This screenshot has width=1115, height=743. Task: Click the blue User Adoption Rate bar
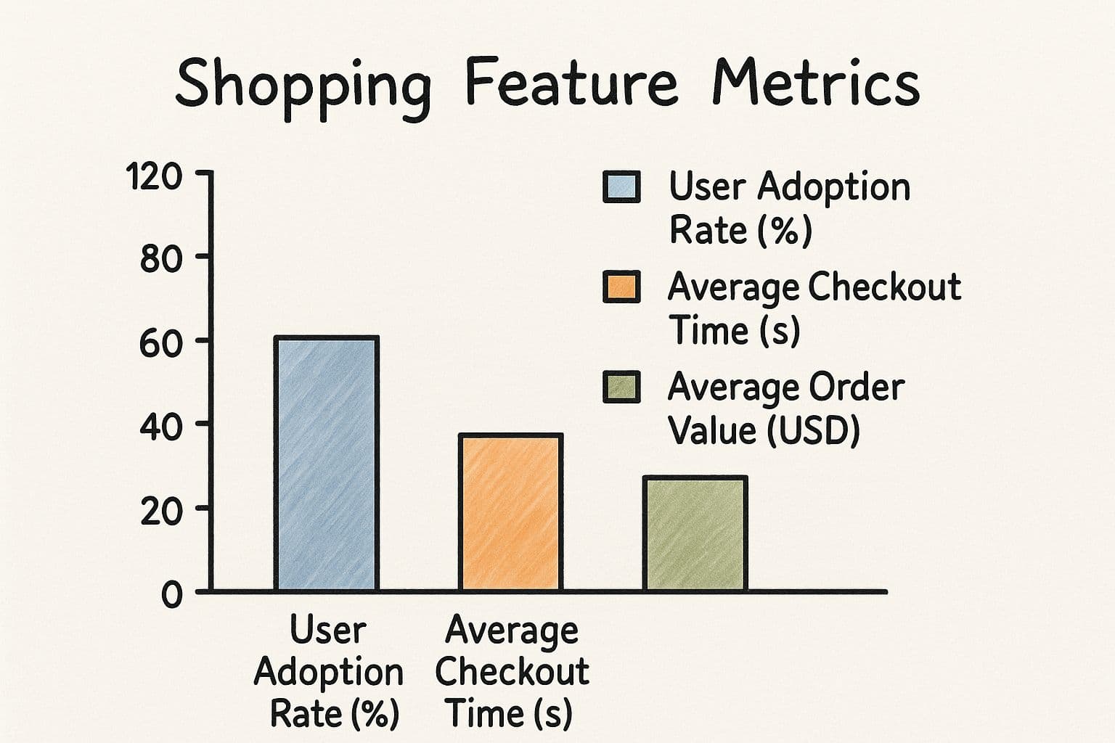[327, 464]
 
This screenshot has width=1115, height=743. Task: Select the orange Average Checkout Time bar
[511, 512]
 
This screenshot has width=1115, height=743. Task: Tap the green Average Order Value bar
[695, 534]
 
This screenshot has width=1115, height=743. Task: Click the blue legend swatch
[621, 187]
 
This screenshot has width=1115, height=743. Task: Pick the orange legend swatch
[621, 287]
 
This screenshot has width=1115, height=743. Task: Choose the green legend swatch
[621, 387]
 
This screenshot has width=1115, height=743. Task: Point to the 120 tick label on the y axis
[154, 176]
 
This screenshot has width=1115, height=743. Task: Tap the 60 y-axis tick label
[160, 344]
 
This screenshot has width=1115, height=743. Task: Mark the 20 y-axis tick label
[160, 512]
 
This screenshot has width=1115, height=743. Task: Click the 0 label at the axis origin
[172, 595]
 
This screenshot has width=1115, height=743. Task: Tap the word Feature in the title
[572, 82]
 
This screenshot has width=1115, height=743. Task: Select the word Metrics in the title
[817, 82]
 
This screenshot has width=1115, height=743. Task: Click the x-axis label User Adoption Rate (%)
[329, 672]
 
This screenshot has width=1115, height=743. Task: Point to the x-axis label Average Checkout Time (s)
[512, 672]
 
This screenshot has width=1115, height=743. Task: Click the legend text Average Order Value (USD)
[786, 409]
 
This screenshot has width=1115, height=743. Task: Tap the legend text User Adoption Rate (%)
[790, 208]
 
